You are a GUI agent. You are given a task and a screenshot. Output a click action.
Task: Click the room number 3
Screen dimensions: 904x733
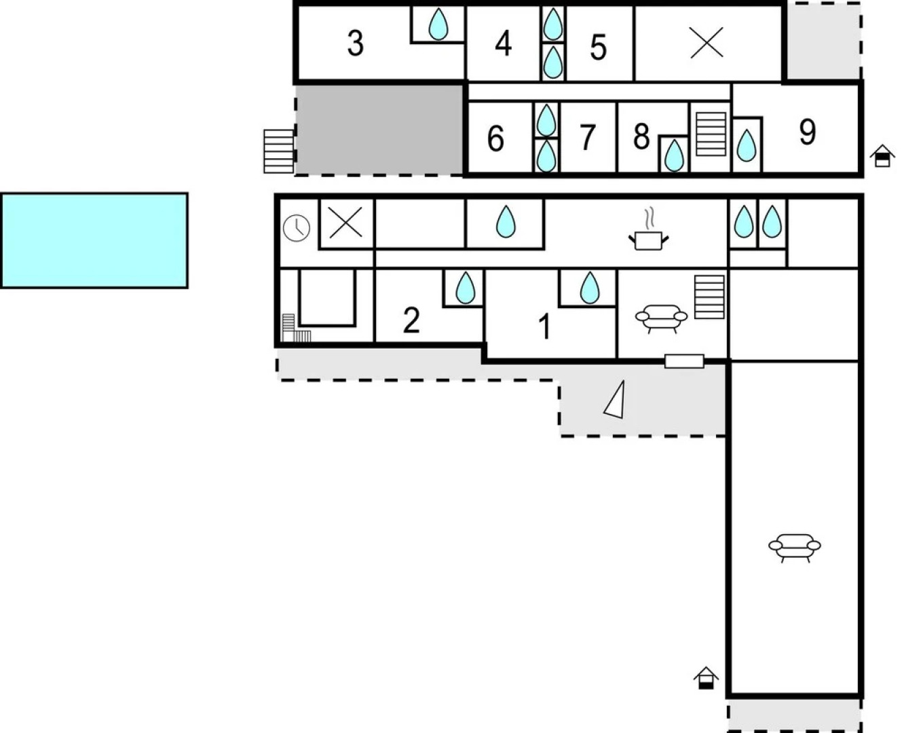(355, 43)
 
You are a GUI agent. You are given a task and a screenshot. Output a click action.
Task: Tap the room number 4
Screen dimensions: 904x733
(504, 43)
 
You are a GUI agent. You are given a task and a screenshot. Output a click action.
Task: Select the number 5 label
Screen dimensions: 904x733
(599, 48)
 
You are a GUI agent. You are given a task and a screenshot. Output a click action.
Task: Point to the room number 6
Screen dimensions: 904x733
(495, 138)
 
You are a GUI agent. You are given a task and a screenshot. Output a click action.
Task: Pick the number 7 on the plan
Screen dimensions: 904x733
(587, 137)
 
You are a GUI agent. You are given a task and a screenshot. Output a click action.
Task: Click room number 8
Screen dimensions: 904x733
(641, 136)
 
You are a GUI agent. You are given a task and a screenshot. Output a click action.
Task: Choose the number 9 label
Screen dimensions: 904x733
(807, 132)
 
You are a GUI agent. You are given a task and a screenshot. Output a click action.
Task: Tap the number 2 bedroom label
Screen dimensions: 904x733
(411, 320)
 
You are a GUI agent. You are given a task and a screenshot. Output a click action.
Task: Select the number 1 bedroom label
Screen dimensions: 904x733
(544, 326)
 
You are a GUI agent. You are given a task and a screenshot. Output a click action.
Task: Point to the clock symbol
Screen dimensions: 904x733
(296, 228)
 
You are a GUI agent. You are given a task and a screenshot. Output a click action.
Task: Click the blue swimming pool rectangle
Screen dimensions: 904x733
(94, 241)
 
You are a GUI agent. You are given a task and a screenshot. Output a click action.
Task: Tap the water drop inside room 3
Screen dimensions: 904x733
(438, 24)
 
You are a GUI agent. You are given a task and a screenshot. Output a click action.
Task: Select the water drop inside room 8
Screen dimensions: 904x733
(674, 155)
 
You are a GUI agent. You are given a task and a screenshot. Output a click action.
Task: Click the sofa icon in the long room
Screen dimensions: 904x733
(795, 548)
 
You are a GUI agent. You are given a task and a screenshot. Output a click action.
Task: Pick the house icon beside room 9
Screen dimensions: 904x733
(882, 156)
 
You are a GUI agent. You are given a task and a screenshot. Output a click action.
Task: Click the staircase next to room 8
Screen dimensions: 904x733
(711, 134)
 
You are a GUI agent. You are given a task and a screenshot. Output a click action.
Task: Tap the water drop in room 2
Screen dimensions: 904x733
(465, 288)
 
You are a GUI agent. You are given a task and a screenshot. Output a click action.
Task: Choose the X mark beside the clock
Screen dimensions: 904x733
(345, 222)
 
